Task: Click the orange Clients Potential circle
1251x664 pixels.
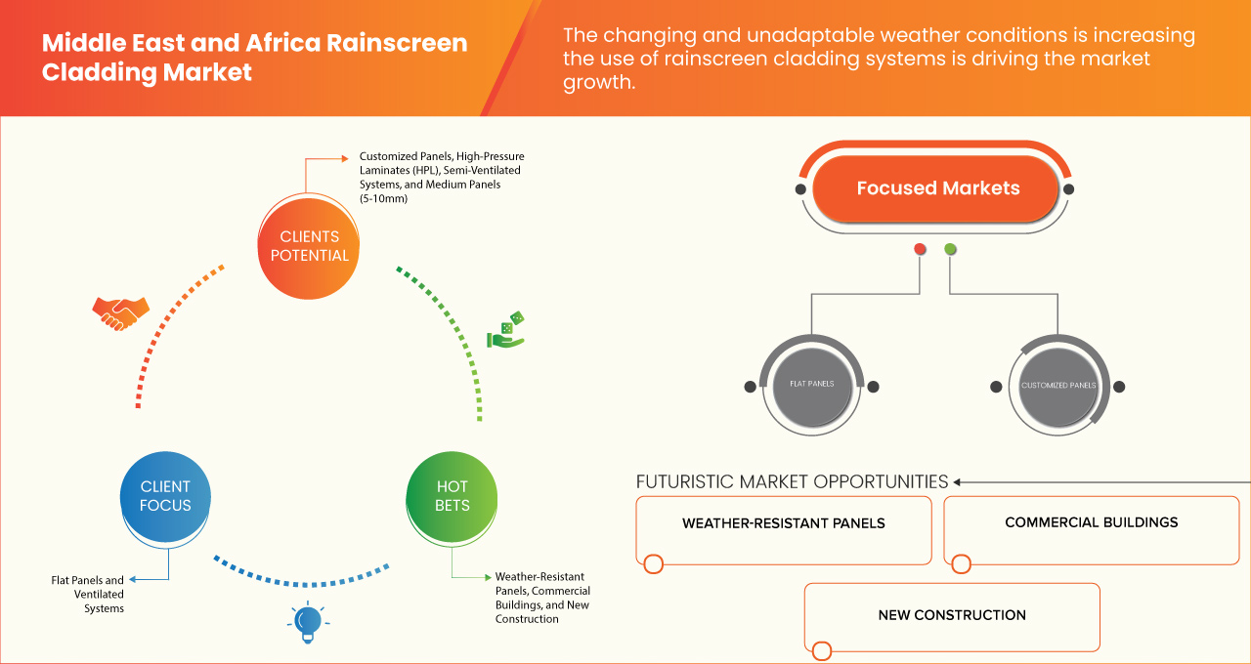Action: click(x=308, y=246)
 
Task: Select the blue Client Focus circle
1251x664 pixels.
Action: click(x=165, y=496)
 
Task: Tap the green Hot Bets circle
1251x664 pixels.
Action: click(x=452, y=496)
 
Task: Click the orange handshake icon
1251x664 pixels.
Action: click(x=120, y=312)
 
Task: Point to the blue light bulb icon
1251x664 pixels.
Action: click(x=308, y=622)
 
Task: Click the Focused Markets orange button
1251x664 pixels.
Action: click(x=937, y=188)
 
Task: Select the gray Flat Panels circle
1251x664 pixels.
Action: click(x=811, y=385)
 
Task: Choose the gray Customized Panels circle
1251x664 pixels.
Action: click(x=1058, y=386)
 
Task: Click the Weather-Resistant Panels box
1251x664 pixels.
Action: click(x=783, y=524)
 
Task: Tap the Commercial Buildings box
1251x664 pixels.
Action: click(x=1091, y=522)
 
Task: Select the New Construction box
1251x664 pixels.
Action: click(x=951, y=615)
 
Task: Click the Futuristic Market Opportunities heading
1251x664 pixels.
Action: click(x=792, y=481)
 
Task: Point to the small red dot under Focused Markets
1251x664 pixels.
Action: click(x=920, y=250)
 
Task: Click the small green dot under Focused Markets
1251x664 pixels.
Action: click(x=950, y=250)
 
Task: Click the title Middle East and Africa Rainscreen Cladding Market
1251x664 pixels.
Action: click(x=254, y=58)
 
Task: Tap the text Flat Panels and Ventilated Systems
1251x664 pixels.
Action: click(x=89, y=594)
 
